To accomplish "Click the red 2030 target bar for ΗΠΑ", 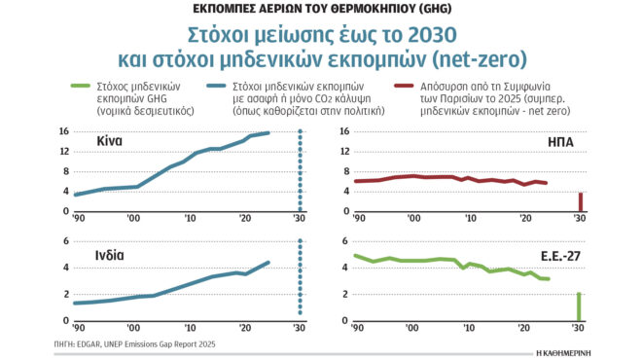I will click(x=581, y=201).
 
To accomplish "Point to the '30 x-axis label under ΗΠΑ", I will click(x=580, y=219).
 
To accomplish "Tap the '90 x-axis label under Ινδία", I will click(x=77, y=328).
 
